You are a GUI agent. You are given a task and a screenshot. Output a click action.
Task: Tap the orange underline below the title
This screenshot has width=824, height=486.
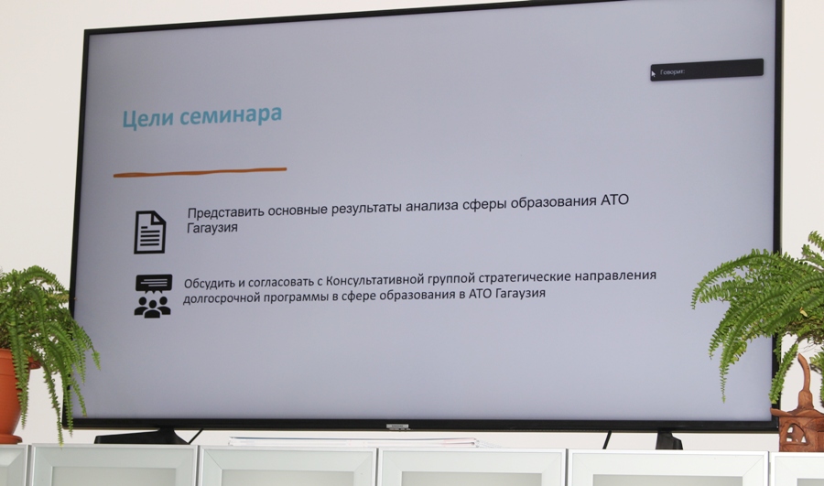201,172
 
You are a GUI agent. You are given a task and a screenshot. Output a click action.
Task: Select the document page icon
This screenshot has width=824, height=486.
150,232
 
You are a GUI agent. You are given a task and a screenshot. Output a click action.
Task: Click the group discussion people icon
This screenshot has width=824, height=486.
153,296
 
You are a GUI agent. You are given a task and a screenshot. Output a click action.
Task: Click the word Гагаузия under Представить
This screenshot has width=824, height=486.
212,228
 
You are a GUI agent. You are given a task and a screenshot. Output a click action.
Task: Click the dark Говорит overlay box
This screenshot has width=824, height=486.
707,70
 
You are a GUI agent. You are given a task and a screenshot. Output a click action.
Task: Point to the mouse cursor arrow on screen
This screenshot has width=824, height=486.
653,74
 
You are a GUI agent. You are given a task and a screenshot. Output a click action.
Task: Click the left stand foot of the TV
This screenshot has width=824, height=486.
142,436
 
